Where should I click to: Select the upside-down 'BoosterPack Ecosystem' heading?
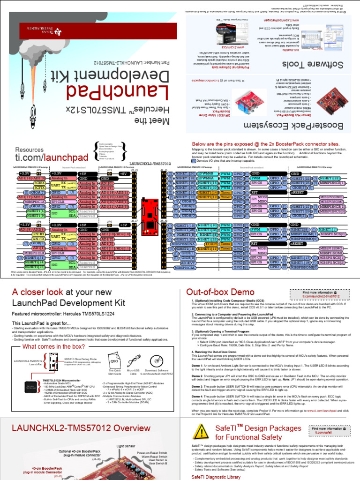click(300, 126)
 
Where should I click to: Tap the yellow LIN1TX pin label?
click(39, 239)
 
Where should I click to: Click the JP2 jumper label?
click(39, 170)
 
